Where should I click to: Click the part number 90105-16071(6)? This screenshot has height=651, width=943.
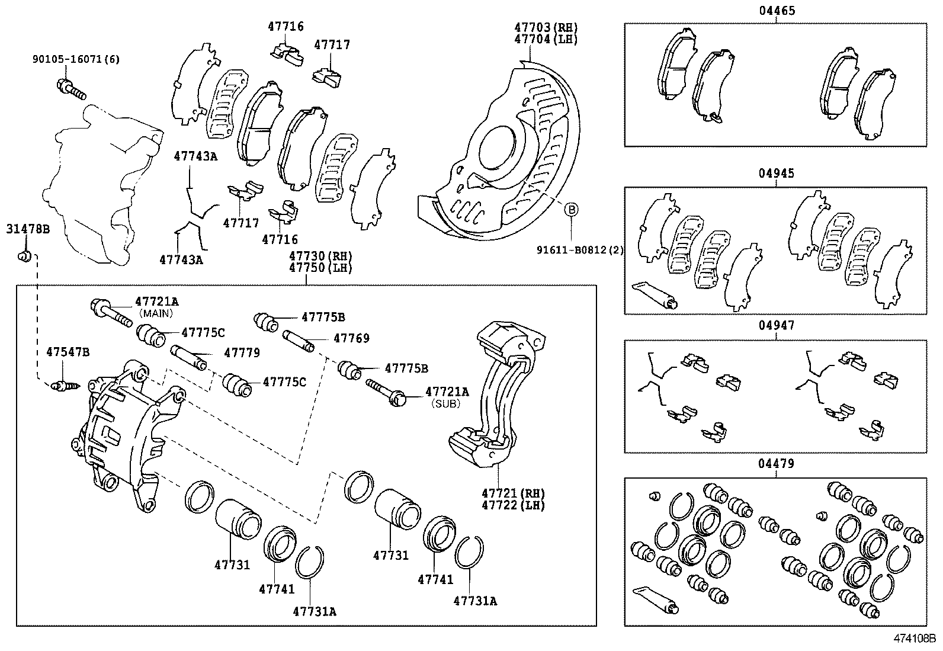tap(76, 59)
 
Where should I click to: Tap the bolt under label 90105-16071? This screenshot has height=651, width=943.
tap(70, 89)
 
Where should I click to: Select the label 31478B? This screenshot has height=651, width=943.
tap(28, 229)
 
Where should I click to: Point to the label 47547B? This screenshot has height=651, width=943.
tap(68, 352)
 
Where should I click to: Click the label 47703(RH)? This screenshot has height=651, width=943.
tap(546, 28)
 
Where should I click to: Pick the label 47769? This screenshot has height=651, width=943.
tap(351, 338)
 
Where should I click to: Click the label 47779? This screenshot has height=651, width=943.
tap(242, 353)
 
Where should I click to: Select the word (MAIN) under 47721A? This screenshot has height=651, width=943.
tap(156, 313)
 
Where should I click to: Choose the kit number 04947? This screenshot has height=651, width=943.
tap(776, 325)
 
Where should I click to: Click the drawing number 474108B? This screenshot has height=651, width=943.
tap(914, 639)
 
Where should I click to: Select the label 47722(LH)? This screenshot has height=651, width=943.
tap(513, 505)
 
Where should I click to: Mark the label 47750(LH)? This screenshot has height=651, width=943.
tap(320, 268)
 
